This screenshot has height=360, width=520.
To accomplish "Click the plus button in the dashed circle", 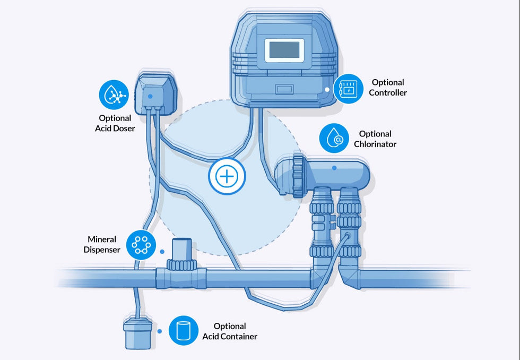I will [x=227, y=176].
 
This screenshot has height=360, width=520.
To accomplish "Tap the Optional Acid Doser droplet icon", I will [x=114, y=95].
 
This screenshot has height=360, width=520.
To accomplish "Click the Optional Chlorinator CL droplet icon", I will [x=334, y=138].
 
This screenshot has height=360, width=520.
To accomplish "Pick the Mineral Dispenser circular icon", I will [x=142, y=245].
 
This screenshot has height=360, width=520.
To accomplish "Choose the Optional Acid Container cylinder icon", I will [x=184, y=330].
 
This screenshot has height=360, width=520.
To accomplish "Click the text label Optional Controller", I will [x=387, y=88].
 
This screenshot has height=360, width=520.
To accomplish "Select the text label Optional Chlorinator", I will [x=375, y=139].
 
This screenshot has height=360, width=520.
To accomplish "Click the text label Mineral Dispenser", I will [x=102, y=245].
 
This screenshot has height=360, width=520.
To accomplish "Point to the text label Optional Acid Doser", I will [x=115, y=123].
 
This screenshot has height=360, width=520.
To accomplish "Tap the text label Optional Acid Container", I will [x=230, y=331].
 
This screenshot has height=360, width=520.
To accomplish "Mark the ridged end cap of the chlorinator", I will [x=297, y=176].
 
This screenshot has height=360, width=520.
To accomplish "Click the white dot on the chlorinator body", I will [x=334, y=167].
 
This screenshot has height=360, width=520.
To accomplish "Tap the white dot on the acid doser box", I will [x=151, y=96].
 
